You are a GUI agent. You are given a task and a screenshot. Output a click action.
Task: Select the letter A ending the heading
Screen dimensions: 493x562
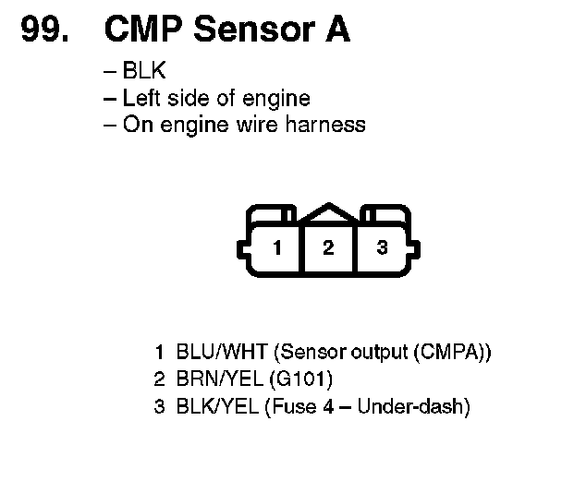click(336, 30)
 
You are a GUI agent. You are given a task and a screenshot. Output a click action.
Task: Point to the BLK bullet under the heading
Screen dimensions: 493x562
click(150, 71)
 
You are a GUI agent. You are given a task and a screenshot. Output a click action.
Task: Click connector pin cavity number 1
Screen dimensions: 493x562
click(275, 248)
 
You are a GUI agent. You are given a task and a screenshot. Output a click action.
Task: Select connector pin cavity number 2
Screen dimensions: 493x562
click(328, 248)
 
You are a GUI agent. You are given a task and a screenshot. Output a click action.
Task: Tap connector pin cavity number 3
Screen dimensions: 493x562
click(383, 248)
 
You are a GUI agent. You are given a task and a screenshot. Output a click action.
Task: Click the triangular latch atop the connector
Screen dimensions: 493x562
click(328, 214)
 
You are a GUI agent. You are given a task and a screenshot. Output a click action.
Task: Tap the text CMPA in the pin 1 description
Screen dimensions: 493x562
click(453, 352)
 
